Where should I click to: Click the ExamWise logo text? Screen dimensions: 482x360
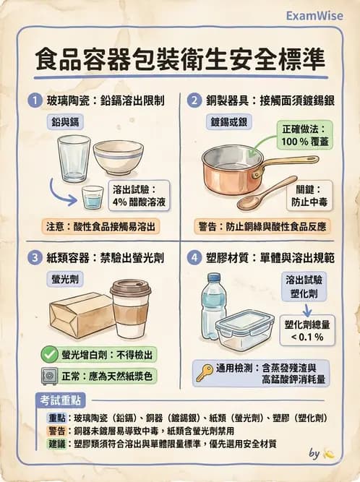(314, 14)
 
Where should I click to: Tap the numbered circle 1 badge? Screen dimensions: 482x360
(33, 101)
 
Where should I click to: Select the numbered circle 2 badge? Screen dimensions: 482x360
(194, 101)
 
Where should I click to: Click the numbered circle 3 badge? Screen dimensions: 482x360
(33, 257)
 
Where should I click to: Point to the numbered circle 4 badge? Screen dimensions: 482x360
(194, 257)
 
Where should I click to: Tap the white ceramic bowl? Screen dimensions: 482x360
(118, 157)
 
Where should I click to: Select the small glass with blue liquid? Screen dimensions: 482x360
(93, 197)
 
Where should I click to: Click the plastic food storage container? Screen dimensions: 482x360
(244, 330)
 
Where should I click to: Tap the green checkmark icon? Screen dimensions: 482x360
(49, 353)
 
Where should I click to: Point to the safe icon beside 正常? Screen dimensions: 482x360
(49, 376)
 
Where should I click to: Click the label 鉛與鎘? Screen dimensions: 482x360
(65, 121)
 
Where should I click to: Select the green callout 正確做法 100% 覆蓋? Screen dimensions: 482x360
(304, 135)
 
